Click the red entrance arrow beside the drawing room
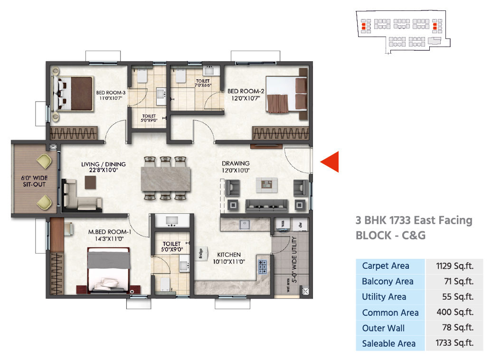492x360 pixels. (330, 162)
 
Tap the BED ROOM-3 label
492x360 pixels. (111, 93)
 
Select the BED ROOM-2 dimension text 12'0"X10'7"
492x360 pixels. (246, 98)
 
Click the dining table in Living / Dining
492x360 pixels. (166, 179)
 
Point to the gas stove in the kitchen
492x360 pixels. (262, 266)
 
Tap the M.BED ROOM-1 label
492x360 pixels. (110, 232)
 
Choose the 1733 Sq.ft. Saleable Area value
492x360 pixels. (454, 343)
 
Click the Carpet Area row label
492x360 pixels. (386, 266)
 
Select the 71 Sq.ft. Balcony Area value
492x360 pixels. (459, 281)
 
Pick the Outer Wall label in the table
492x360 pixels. (383, 328)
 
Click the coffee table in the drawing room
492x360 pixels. (266, 185)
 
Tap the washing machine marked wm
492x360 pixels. (283, 224)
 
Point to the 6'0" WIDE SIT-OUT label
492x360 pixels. (34, 181)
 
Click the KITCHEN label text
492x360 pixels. (229, 255)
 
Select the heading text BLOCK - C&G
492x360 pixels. (390, 236)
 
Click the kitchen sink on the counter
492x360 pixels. (245, 225)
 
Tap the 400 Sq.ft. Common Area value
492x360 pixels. (455, 312)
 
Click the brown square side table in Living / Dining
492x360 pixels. (90, 182)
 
